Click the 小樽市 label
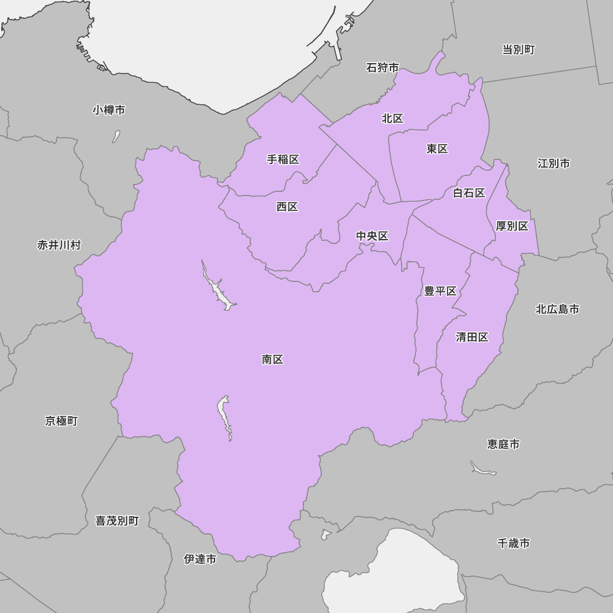click(x=109, y=110)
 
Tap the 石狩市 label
click(x=383, y=68)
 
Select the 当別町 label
click(x=519, y=50)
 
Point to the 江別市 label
click(x=554, y=164)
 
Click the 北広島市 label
click(x=557, y=310)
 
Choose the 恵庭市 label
click(x=503, y=444)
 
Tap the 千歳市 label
click(x=514, y=543)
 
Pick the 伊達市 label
click(x=200, y=559)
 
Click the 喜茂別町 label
click(x=117, y=521)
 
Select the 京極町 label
click(x=61, y=421)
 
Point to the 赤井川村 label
click(x=59, y=245)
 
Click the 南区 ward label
click(x=272, y=360)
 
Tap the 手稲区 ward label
click(x=283, y=160)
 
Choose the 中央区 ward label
click(x=372, y=237)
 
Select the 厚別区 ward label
click(x=512, y=227)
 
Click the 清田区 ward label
click(x=472, y=338)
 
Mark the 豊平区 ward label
click(x=440, y=292)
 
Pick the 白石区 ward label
click(x=469, y=194)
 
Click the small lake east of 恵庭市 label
click(x=483, y=469)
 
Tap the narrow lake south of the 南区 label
click(x=225, y=417)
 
